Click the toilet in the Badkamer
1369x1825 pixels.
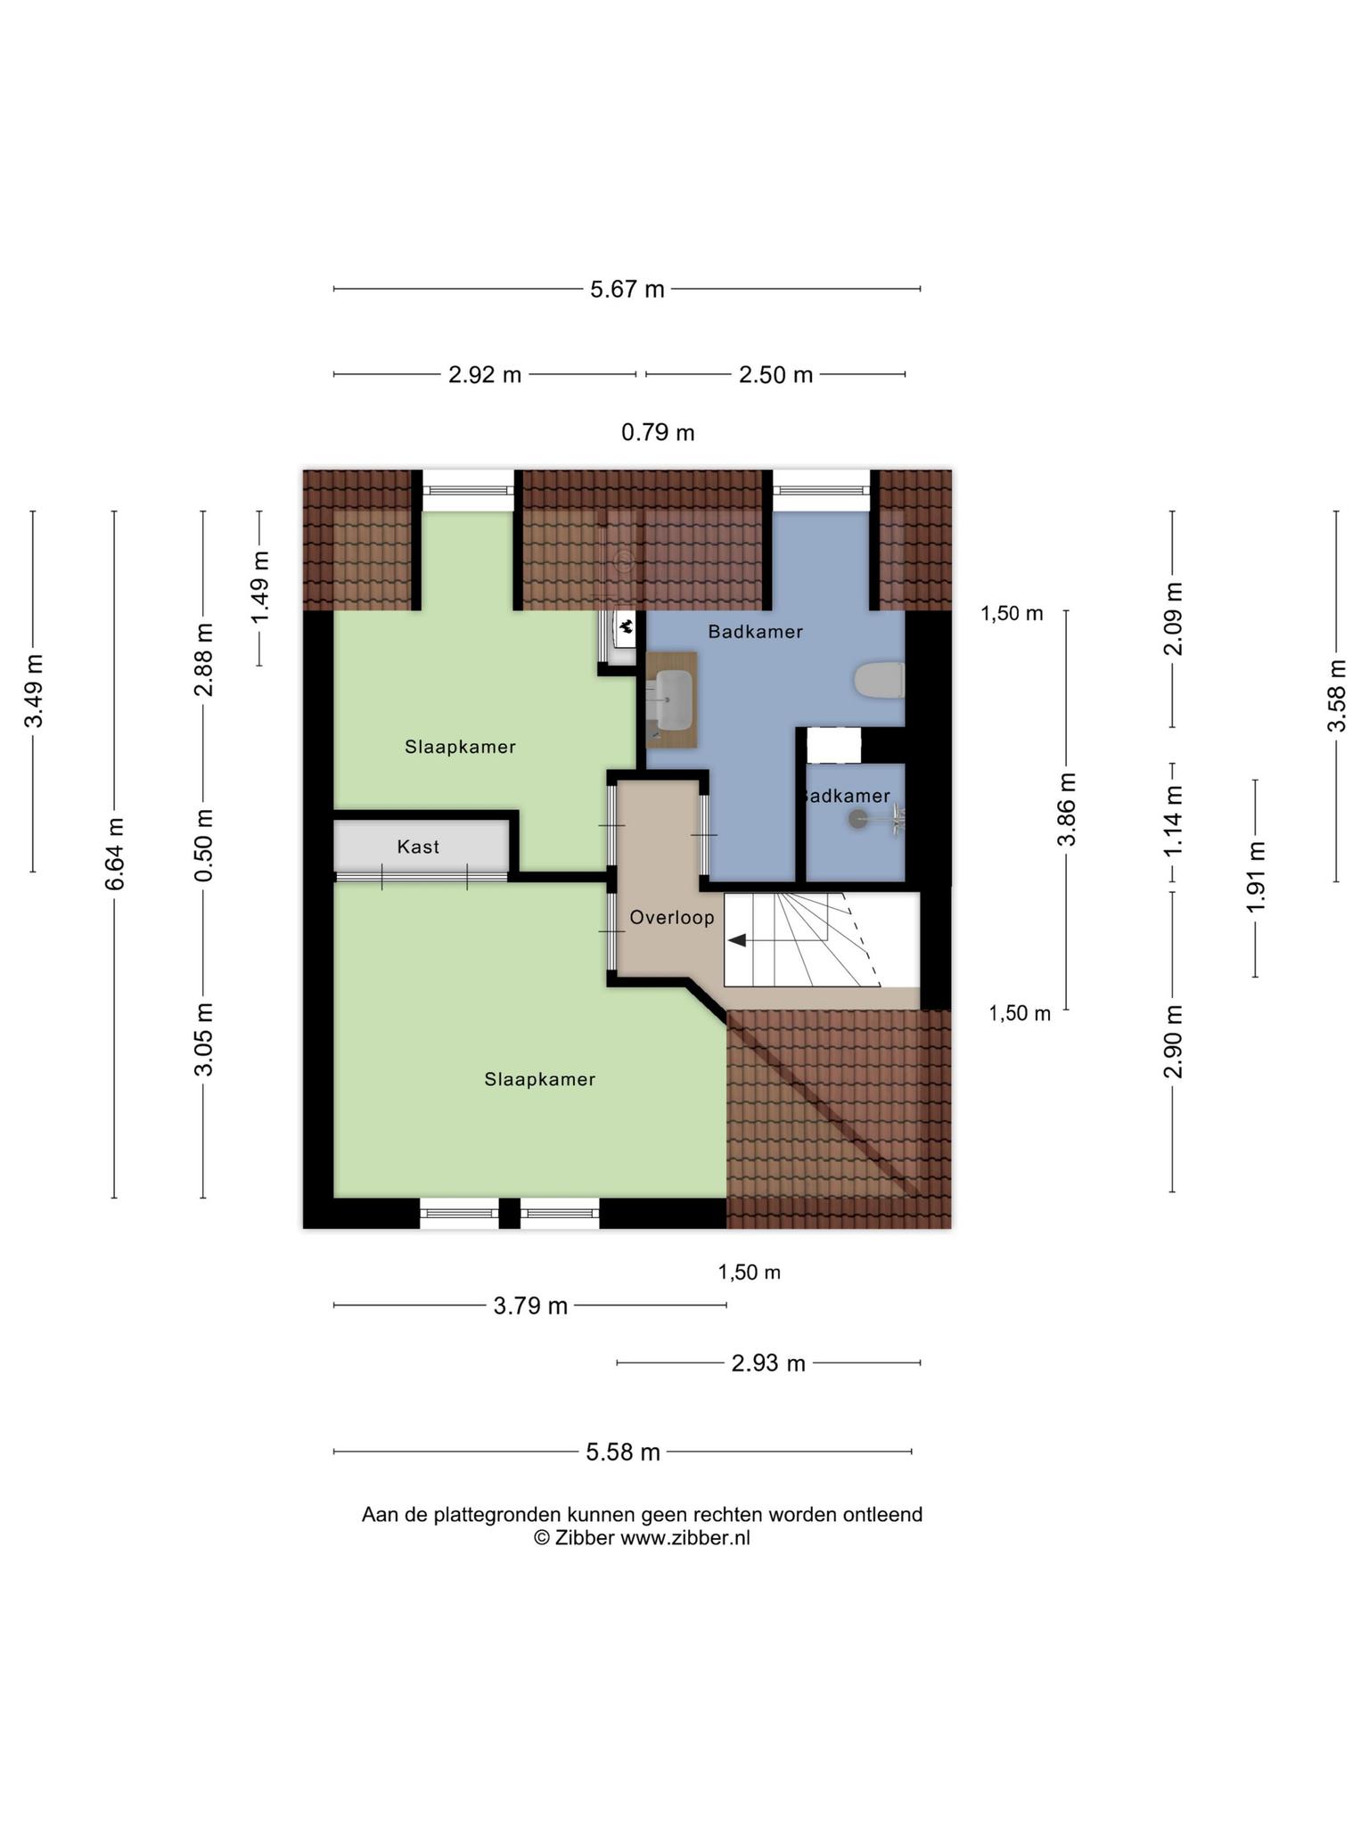(x=879, y=681)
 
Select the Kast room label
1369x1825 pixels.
(x=418, y=847)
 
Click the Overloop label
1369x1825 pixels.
(x=672, y=918)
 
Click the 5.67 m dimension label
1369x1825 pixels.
(x=627, y=290)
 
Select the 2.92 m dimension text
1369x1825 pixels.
(x=485, y=375)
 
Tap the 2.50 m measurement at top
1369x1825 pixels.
(x=775, y=375)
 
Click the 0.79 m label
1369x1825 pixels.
(x=658, y=433)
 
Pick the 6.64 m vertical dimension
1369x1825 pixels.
(x=115, y=853)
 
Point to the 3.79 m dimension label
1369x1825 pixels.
(x=530, y=1306)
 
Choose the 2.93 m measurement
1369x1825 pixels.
(x=768, y=1363)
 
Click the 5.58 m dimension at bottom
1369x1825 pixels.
(x=623, y=1453)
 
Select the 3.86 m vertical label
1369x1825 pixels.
(x=1067, y=809)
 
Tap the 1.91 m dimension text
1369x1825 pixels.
(x=1256, y=878)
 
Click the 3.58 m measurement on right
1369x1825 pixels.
(x=1336, y=696)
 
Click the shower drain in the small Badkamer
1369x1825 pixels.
(x=857, y=819)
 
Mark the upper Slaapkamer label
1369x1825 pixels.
(x=460, y=747)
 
